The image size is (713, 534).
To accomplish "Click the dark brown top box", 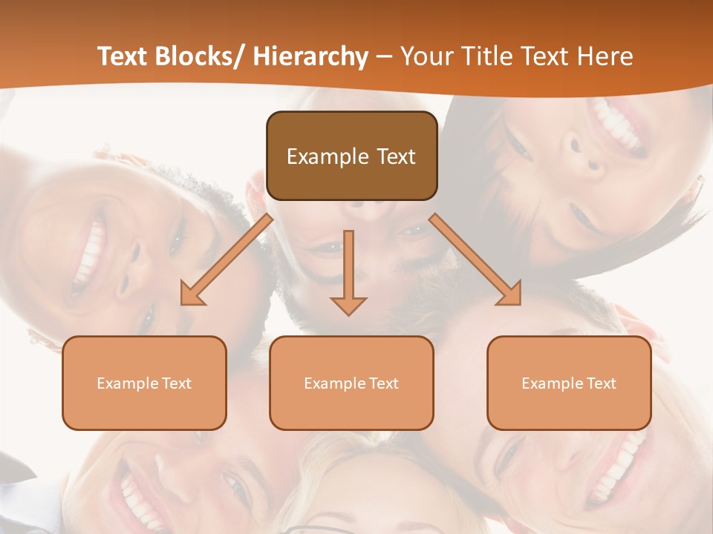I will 351,156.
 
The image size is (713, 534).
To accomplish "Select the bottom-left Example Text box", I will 144,383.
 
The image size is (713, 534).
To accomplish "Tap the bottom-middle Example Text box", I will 351,383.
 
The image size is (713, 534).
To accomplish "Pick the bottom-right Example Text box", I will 569,383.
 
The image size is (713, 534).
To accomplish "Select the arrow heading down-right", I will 476,260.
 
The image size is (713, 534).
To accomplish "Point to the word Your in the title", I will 426,56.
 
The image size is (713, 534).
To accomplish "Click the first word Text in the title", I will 125,56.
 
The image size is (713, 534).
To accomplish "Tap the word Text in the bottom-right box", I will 600,383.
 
